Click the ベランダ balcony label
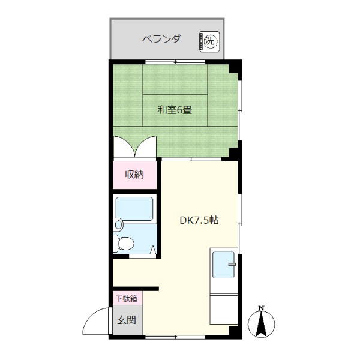(x=161, y=39)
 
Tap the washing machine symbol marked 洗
(x=209, y=41)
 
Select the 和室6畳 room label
(x=175, y=110)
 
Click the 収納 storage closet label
(x=134, y=175)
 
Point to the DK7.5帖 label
(x=199, y=220)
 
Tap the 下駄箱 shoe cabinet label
(x=127, y=298)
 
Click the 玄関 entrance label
(x=127, y=320)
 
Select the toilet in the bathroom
(x=124, y=243)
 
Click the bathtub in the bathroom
(x=134, y=209)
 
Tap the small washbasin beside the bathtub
(x=118, y=224)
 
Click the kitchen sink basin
(x=224, y=265)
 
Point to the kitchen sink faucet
(x=232, y=264)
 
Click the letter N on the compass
(x=261, y=308)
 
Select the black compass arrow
(x=261, y=324)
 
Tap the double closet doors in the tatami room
(x=135, y=146)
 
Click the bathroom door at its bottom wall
(x=143, y=256)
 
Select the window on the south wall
(x=175, y=337)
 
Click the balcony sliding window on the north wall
(x=175, y=62)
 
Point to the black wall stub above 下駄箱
(x=136, y=289)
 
